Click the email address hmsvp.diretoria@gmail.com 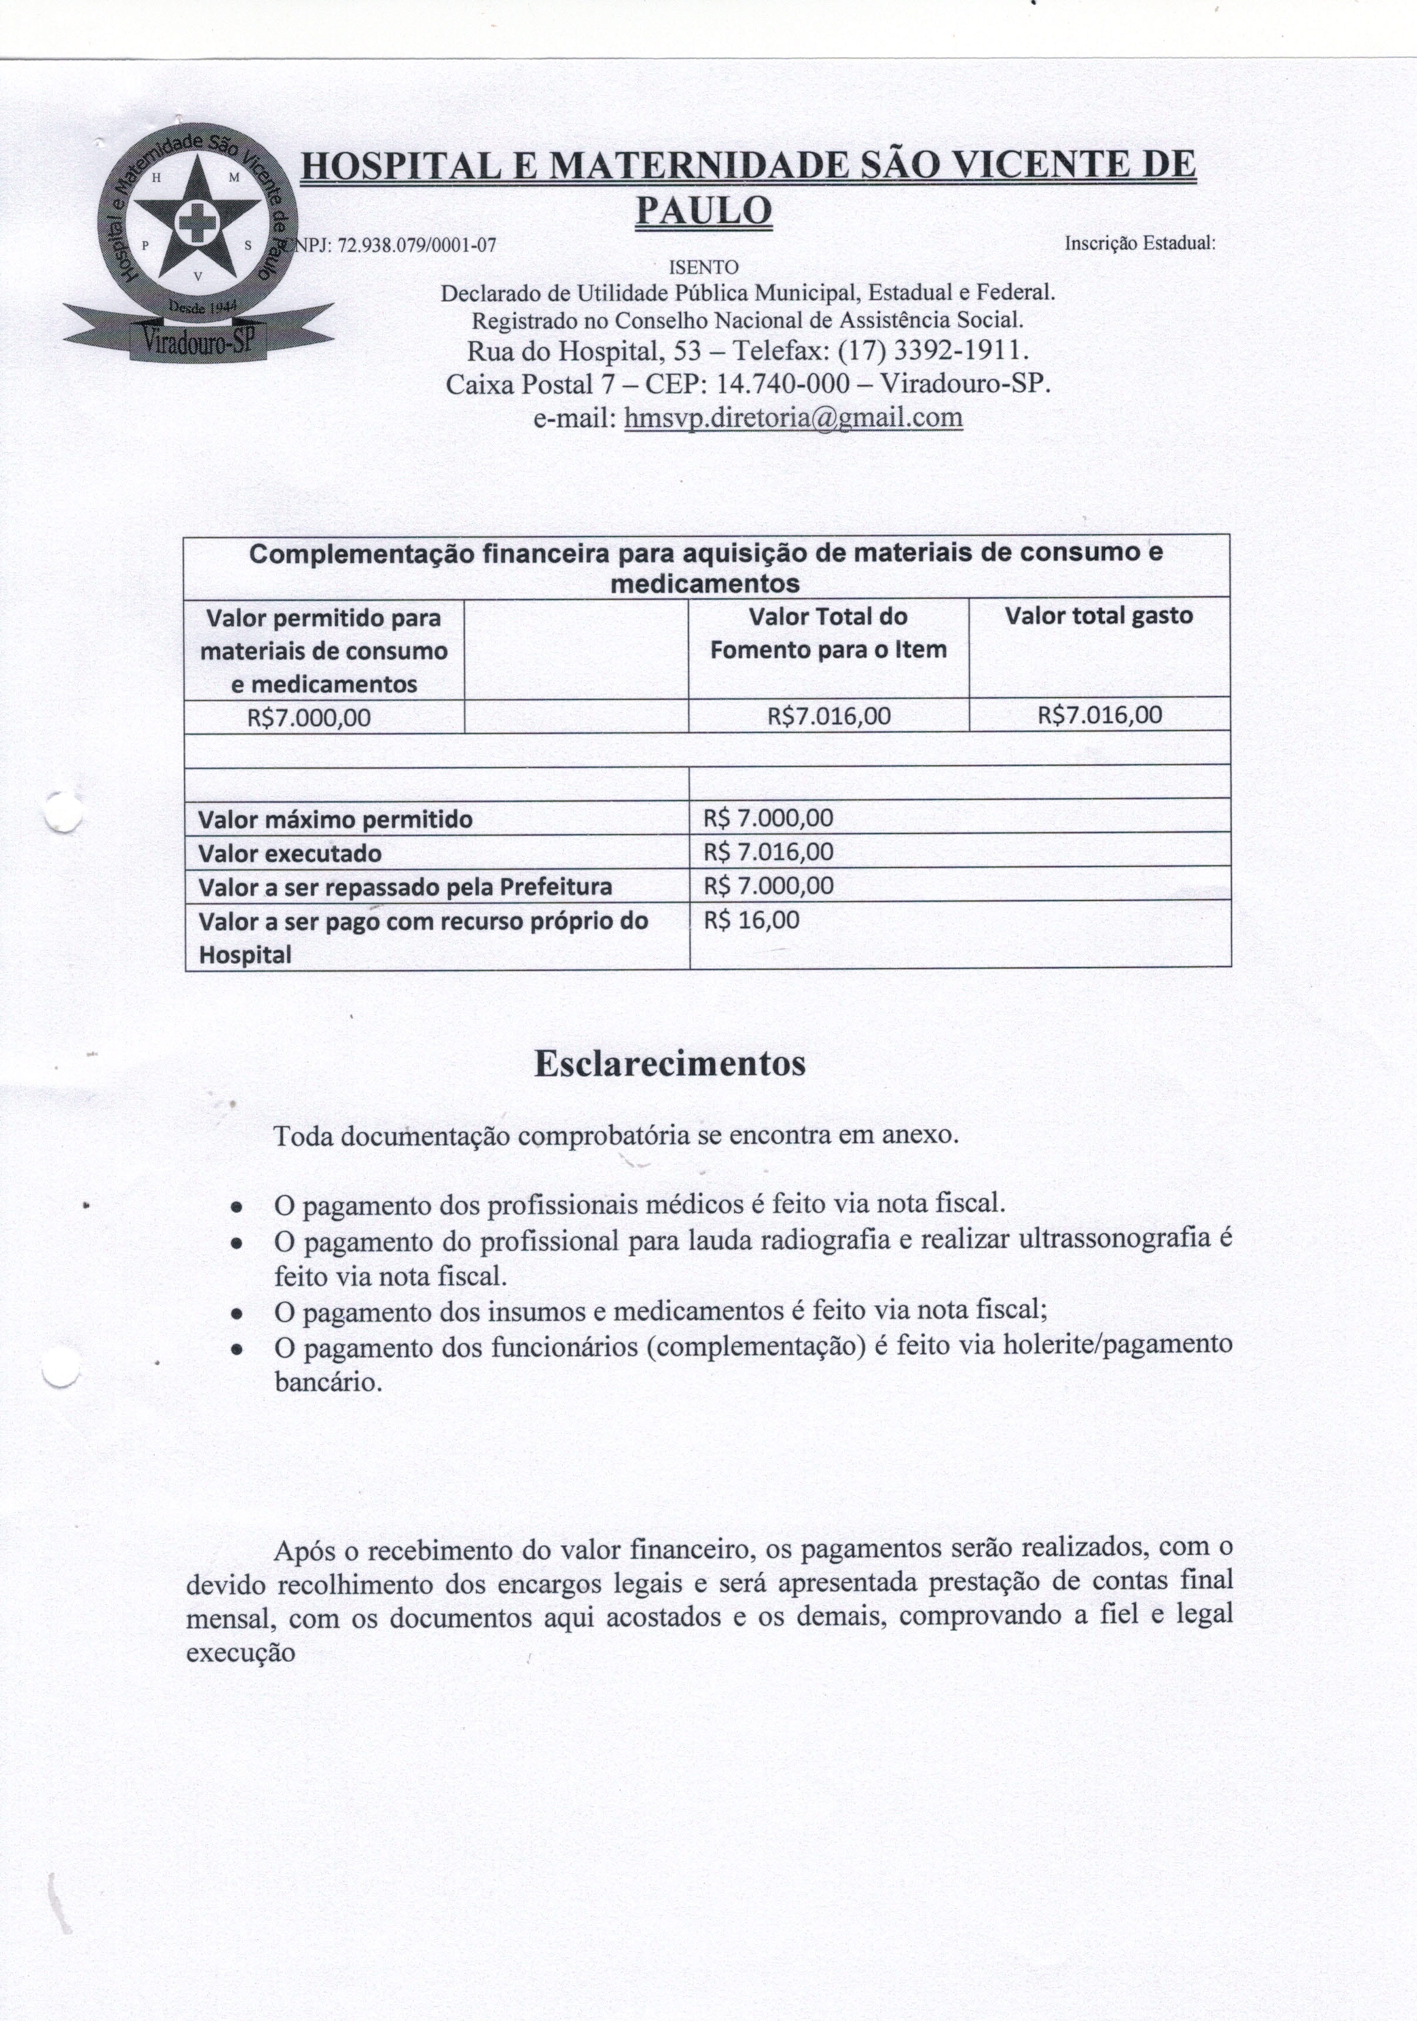pyautogui.click(x=792, y=417)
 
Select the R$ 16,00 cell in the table pyautogui.click(x=751, y=921)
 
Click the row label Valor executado pyautogui.click(x=290, y=854)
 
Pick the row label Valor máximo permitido pyautogui.click(x=335, y=820)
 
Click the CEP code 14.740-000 pyautogui.click(x=784, y=385)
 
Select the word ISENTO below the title pyautogui.click(x=704, y=267)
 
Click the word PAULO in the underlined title pyautogui.click(x=704, y=209)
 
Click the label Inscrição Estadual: pyautogui.click(x=1139, y=242)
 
